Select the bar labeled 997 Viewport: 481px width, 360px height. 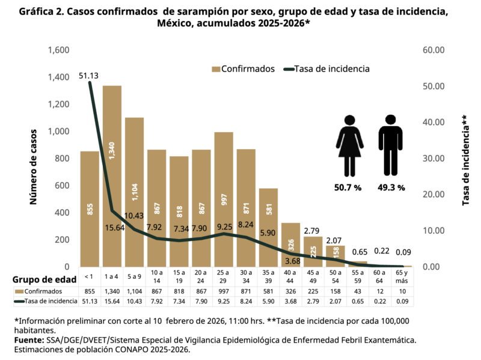coord(224,199)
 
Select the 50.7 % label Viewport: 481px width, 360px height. coord(348,188)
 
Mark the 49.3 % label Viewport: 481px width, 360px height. coord(391,188)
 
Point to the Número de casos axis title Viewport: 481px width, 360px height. coord(34,159)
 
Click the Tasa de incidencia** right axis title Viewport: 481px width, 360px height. coord(465,160)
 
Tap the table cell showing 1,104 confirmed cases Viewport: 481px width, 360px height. coord(134,291)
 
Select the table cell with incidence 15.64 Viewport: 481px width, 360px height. coord(112,301)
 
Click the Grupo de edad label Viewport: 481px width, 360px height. coord(46,279)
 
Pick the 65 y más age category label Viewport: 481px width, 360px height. coord(402,277)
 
